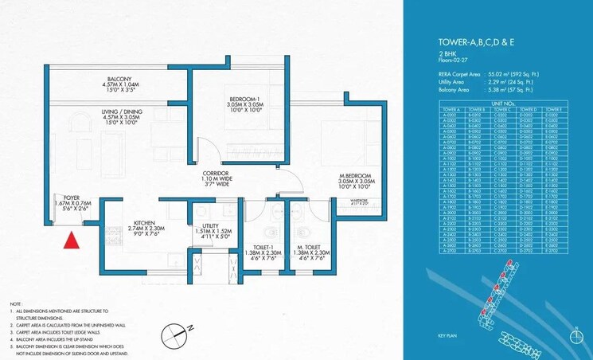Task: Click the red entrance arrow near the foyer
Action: coord(72,240)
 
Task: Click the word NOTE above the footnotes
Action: coord(16,303)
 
